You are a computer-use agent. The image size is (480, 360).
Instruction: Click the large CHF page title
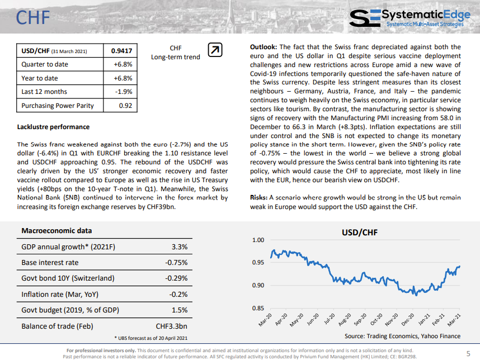click(33, 17)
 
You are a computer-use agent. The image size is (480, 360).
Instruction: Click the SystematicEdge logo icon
click(365, 18)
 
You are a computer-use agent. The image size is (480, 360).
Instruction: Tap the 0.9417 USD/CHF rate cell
click(121, 51)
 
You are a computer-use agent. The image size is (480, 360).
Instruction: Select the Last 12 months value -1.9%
click(124, 92)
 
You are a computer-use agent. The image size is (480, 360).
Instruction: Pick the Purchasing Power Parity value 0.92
click(125, 106)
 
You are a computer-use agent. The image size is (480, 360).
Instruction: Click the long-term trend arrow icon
click(215, 50)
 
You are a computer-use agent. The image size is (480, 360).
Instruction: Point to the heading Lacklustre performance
click(53, 127)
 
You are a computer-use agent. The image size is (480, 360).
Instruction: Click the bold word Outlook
click(263, 47)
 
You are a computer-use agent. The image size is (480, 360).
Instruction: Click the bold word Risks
click(258, 197)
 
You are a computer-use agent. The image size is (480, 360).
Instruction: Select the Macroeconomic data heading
click(57, 231)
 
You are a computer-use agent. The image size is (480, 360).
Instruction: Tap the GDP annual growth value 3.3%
click(180, 247)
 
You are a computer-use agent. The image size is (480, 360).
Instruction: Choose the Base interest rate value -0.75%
click(176, 262)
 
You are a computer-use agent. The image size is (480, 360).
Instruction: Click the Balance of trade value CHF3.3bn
click(171, 326)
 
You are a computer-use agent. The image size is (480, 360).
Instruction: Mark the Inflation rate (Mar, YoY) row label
click(60, 294)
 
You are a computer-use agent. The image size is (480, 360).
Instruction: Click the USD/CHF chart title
click(360, 233)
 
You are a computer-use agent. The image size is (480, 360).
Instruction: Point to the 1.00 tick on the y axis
click(258, 240)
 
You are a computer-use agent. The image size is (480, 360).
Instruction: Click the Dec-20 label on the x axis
click(408, 319)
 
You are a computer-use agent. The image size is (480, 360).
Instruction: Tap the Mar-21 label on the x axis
click(454, 319)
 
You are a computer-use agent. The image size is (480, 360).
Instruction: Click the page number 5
click(468, 354)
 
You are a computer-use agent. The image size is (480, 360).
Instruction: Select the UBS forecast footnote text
click(151, 338)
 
